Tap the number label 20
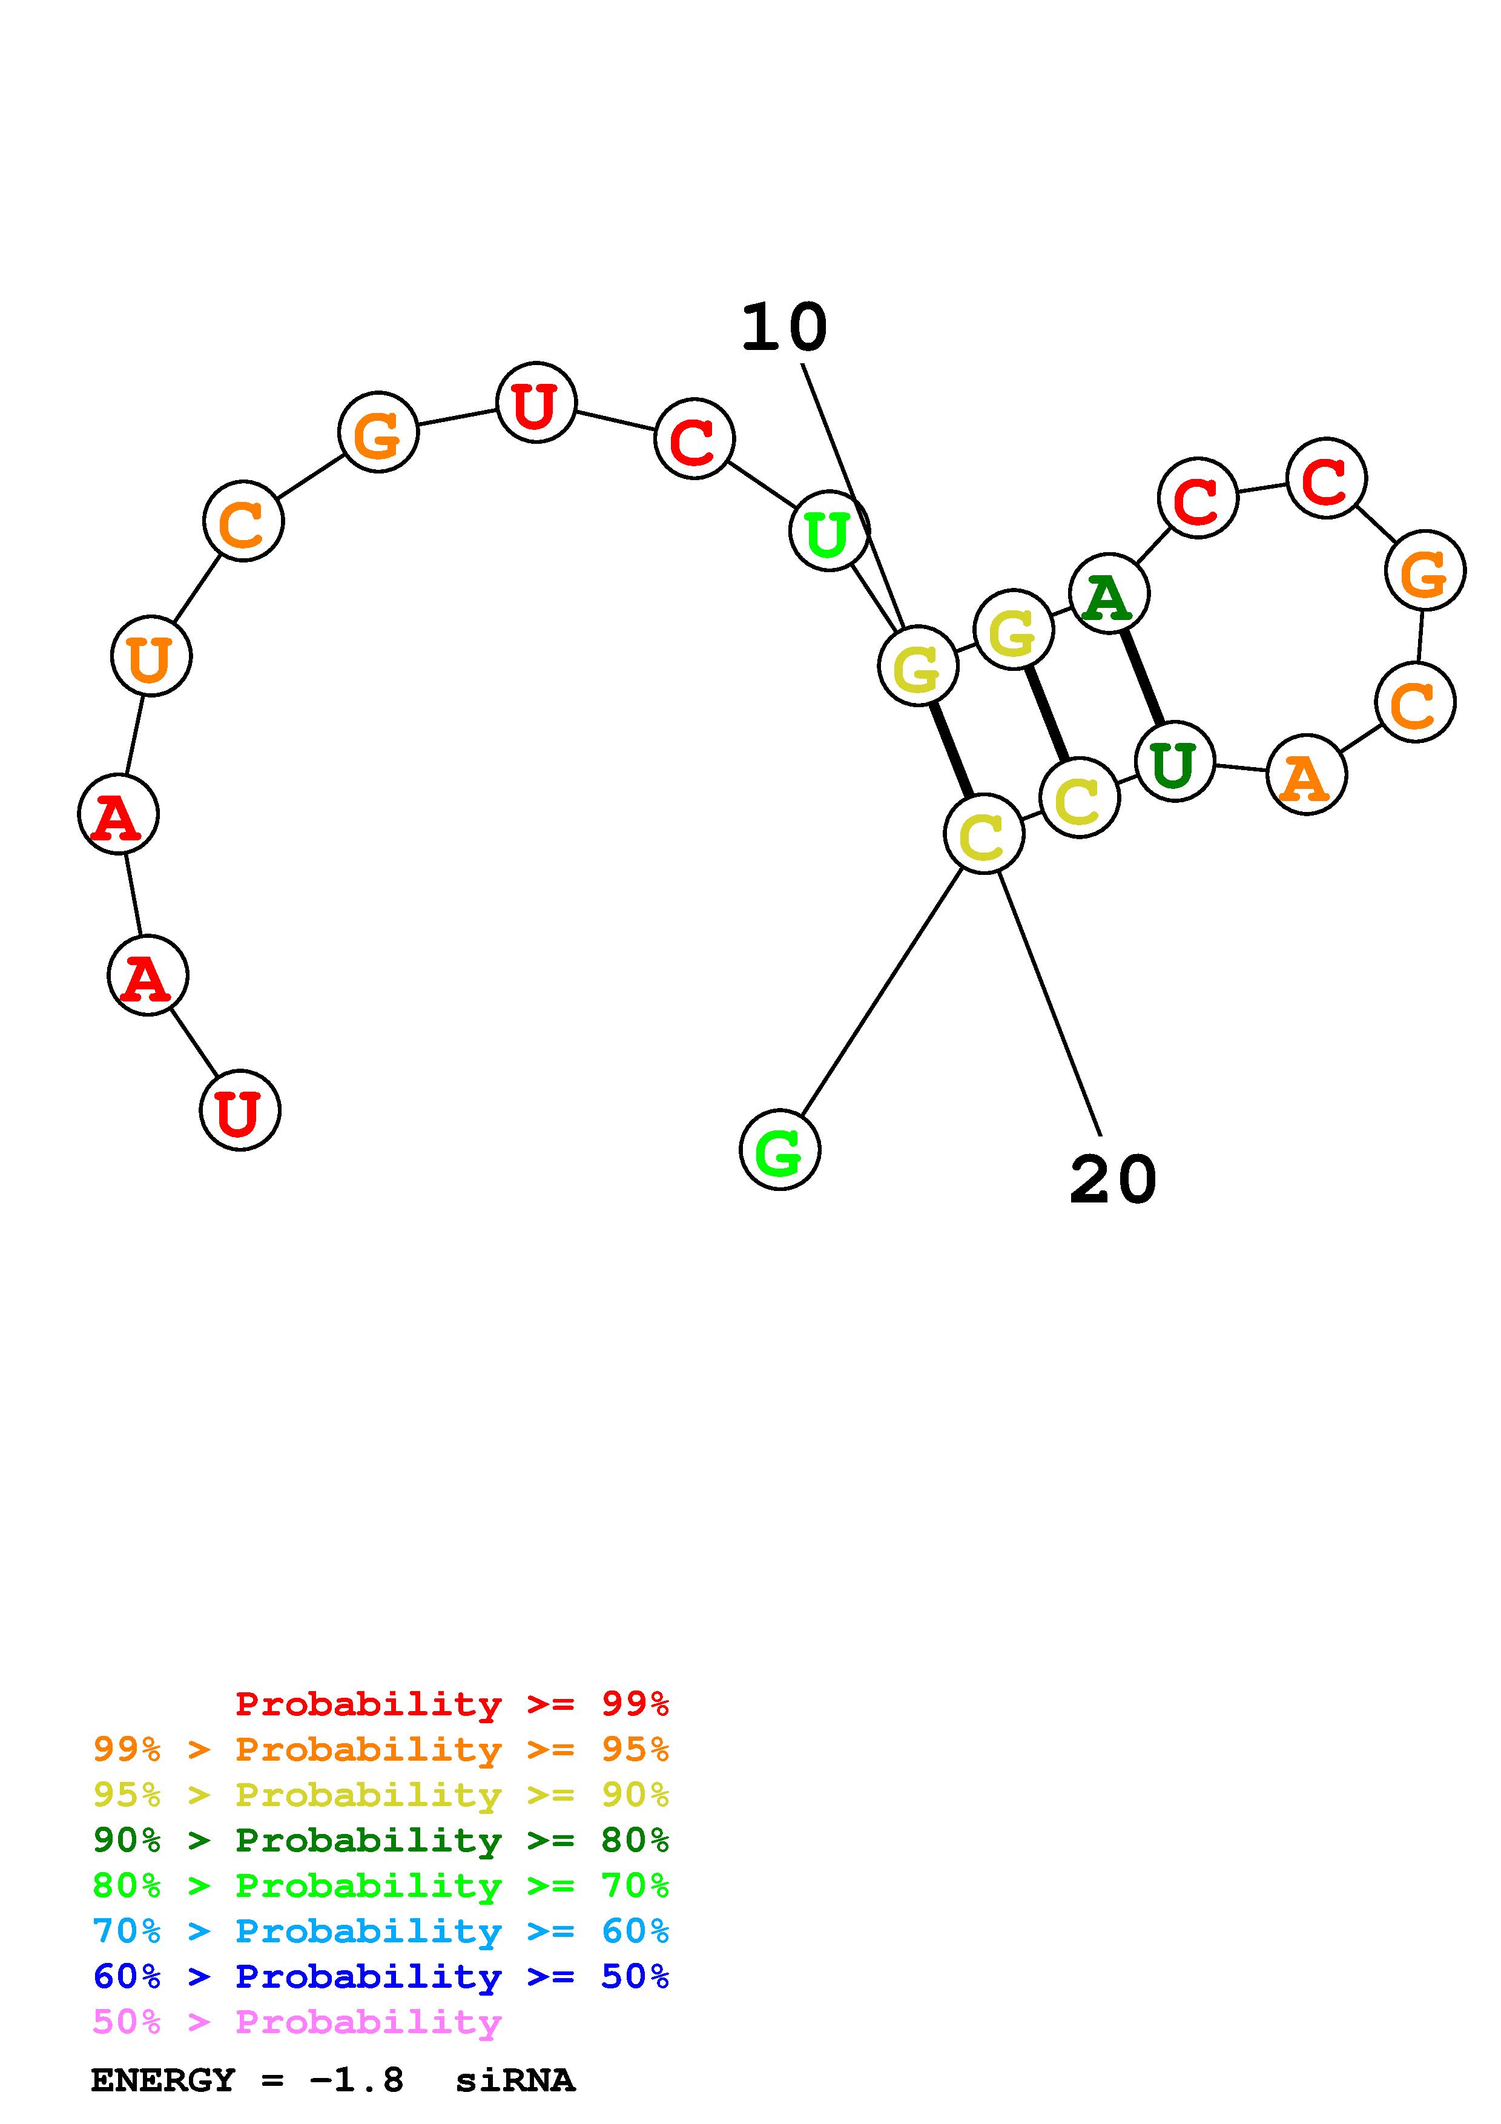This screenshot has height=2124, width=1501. [x=1112, y=1181]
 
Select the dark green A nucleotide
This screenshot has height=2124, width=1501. [x=1108, y=594]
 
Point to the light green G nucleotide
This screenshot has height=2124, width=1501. [x=780, y=1150]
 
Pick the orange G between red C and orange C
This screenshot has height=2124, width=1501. [x=1424, y=571]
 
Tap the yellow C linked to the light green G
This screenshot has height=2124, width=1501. [x=983, y=834]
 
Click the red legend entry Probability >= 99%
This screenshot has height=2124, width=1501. [x=451, y=1703]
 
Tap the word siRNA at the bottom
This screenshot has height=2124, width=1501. [x=515, y=2080]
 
